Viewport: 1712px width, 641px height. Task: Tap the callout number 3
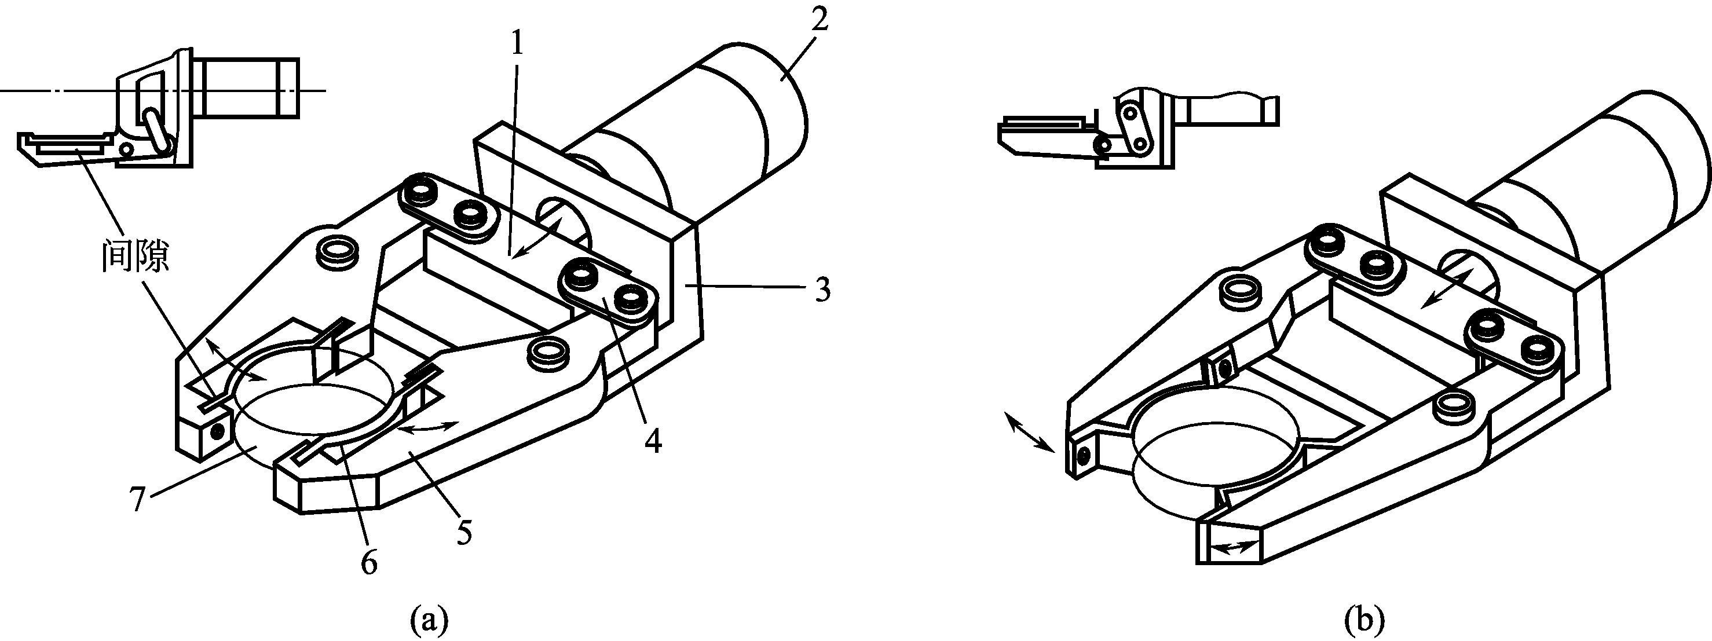coord(823,290)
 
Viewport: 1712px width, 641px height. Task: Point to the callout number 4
coord(654,439)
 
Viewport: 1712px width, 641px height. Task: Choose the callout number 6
coord(368,563)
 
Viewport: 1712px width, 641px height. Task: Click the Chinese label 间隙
coord(135,258)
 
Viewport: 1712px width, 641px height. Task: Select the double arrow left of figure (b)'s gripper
coord(1030,432)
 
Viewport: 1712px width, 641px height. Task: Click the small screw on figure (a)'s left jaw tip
coord(215,433)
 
